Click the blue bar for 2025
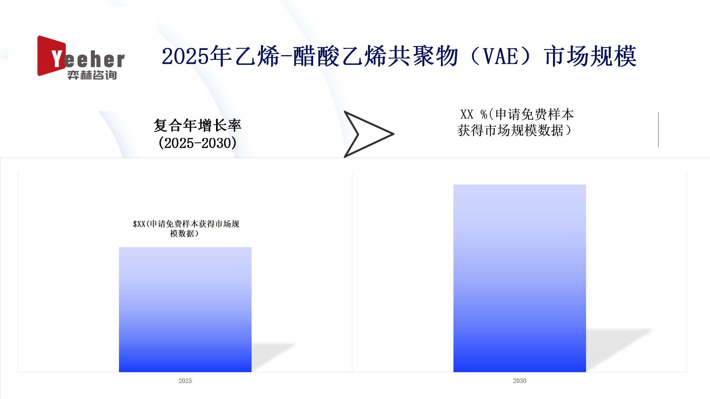click(x=185, y=310)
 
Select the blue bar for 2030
click(x=519, y=278)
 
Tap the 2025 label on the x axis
click(x=185, y=381)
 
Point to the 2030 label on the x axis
click(x=519, y=381)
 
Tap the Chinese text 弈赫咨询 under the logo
click(x=92, y=75)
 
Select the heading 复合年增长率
click(x=197, y=126)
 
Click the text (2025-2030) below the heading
click(x=197, y=143)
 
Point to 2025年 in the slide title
click(x=197, y=56)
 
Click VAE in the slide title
click(x=501, y=56)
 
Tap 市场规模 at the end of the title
click(x=591, y=56)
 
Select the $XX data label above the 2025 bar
click(x=186, y=229)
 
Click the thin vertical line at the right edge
click(x=658, y=130)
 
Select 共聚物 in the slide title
click(x=423, y=56)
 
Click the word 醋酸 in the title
click(x=316, y=56)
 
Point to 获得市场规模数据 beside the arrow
click(x=511, y=130)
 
